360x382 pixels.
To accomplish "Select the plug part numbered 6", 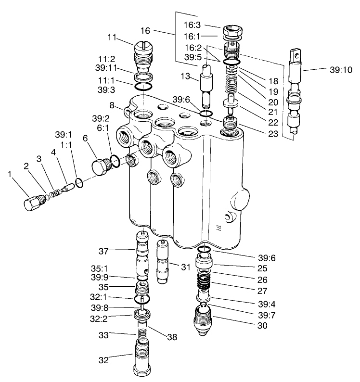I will pyautogui.click(x=102, y=166).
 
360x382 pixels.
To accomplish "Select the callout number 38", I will pyautogui.click(x=172, y=337).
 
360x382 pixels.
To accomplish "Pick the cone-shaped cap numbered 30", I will pyautogui.click(x=204, y=320).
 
